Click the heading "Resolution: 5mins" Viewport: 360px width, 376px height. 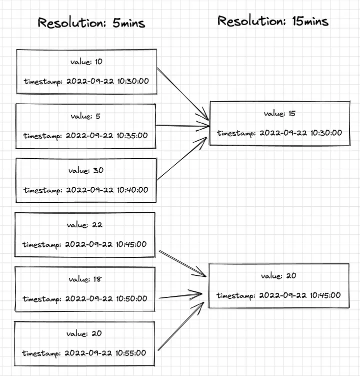coord(91,23)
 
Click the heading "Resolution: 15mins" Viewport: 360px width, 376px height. coord(272,21)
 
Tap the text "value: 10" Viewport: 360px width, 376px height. coord(86,62)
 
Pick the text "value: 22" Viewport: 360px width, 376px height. coord(84,225)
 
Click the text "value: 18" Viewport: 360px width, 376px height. coord(84,279)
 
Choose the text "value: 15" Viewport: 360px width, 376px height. coord(279,114)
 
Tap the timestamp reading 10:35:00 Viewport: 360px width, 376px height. coord(85,136)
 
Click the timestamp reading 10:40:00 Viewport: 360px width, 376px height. coord(85,190)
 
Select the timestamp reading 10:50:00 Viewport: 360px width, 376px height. coord(85,299)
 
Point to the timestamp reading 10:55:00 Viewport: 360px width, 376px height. coord(84,353)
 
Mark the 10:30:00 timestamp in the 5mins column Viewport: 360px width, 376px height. coord(86,82)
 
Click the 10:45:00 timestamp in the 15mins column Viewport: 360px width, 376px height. coord(278,295)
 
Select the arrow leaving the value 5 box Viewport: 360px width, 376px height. coord(182,126)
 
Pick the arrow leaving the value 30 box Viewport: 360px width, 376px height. coord(182,159)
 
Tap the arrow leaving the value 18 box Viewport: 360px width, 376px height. coord(180,295)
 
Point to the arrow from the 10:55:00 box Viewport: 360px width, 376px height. coord(180,325)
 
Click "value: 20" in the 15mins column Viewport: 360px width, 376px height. coord(278,276)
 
